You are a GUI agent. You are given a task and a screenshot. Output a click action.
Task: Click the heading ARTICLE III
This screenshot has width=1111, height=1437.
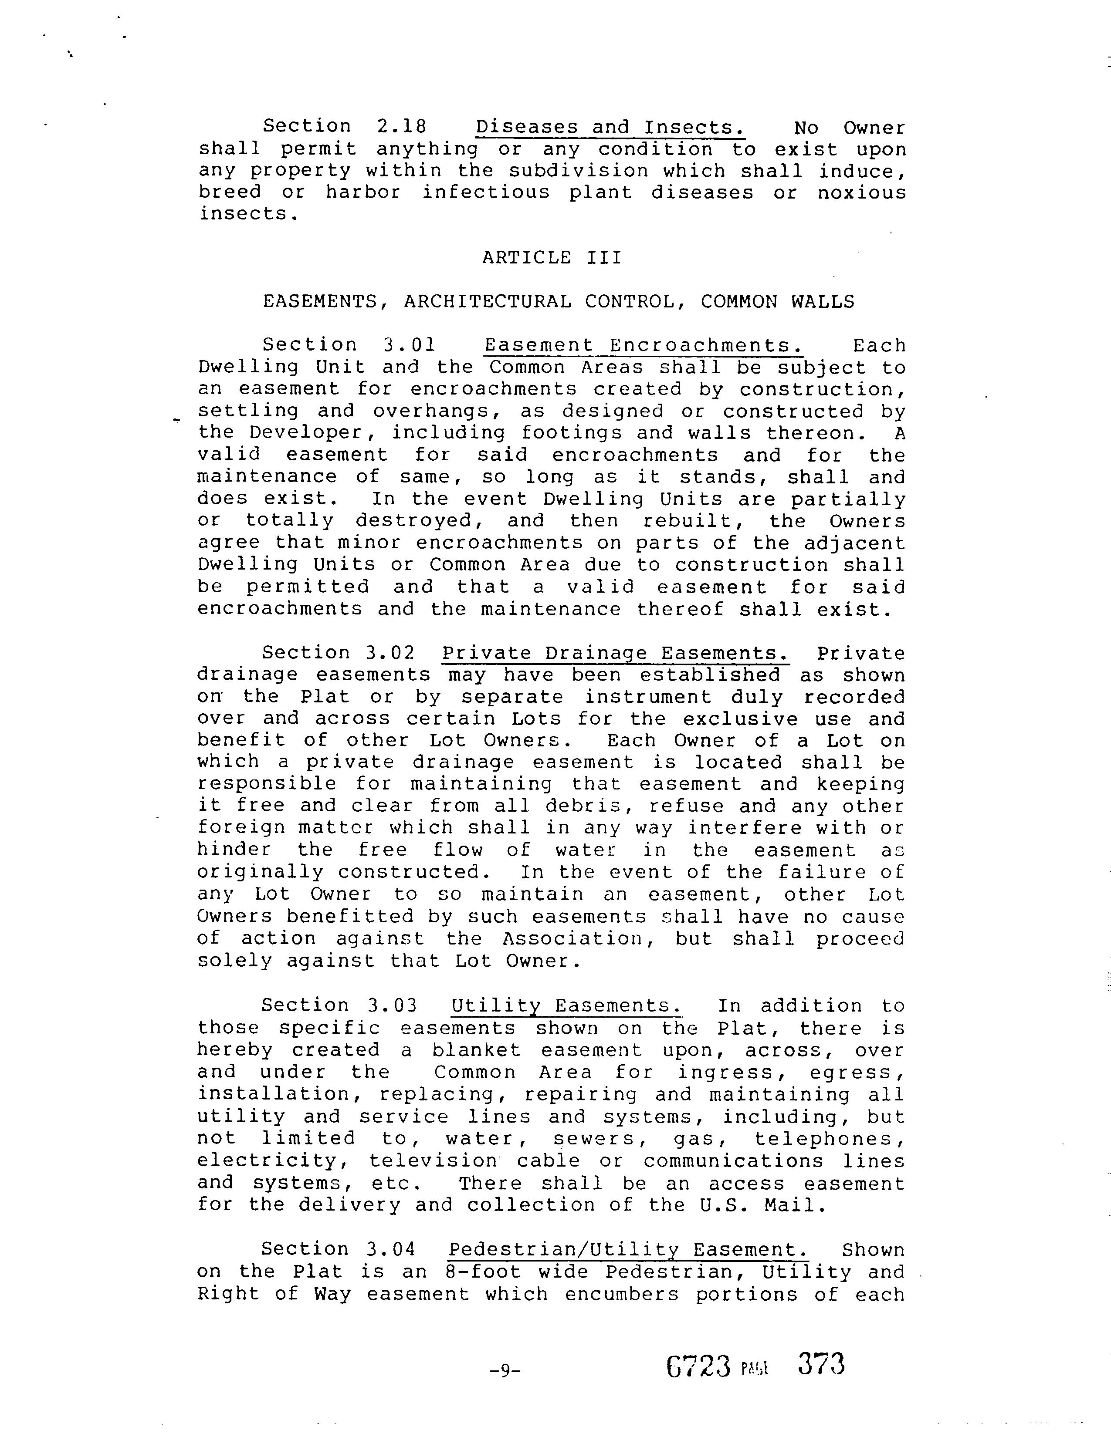pyautogui.click(x=552, y=257)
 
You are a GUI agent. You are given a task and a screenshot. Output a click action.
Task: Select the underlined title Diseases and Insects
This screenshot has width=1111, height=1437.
pyautogui.click(x=610, y=127)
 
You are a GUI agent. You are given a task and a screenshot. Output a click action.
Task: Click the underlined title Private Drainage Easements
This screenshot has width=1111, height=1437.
pyautogui.click(x=615, y=653)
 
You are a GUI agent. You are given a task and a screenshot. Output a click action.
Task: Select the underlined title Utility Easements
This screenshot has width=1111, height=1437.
pyautogui.click(x=566, y=1005)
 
